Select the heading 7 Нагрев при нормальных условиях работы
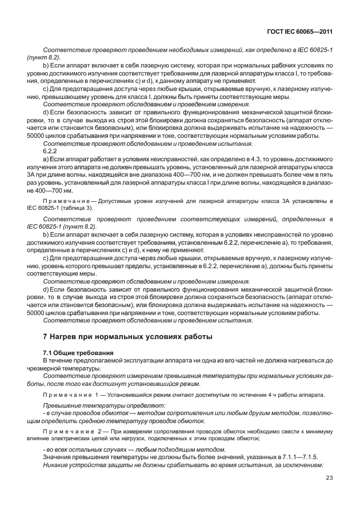(127, 336)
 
